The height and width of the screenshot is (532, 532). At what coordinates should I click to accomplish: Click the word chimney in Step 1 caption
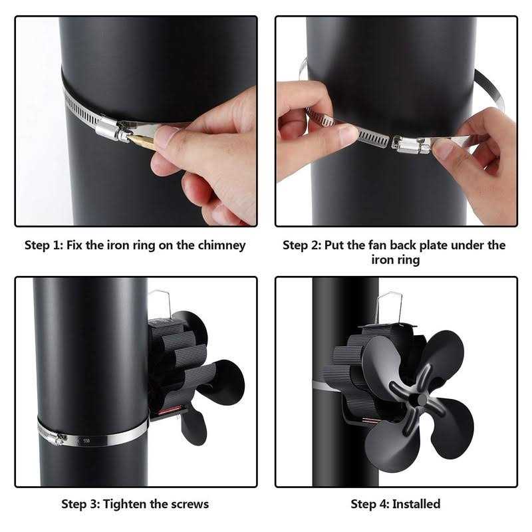(x=221, y=245)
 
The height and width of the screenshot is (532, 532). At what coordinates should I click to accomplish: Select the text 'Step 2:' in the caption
(x=301, y=245)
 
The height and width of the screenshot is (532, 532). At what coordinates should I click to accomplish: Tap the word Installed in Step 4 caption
(x=416, y=503)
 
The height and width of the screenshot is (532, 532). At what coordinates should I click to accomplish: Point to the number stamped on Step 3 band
(x=86, y=440)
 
